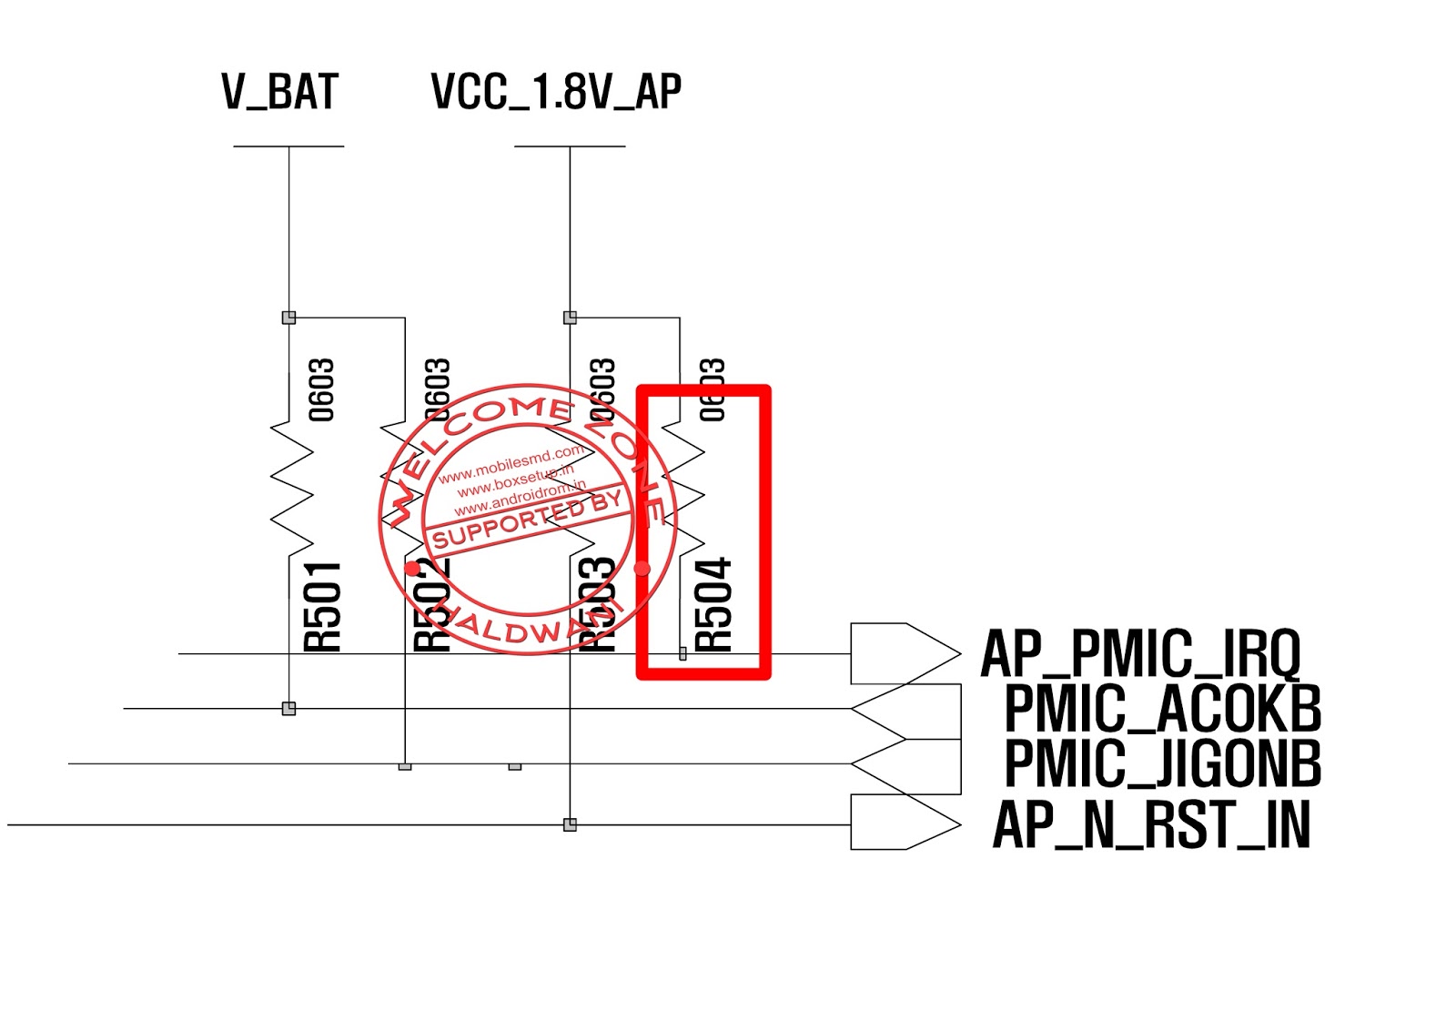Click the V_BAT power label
280,92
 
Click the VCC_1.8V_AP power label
556,92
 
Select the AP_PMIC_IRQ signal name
1140,653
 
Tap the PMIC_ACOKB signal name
1162,709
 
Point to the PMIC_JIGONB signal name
1162,763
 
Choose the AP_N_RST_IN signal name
1151,824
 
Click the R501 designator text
323,606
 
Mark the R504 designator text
714,604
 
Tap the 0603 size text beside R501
322,389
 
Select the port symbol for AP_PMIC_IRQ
905,653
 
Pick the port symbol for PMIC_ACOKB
906,710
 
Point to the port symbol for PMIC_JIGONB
906,765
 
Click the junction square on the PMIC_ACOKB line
288,708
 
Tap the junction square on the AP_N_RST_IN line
570,824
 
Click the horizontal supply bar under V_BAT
288,146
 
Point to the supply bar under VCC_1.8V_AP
570,146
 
